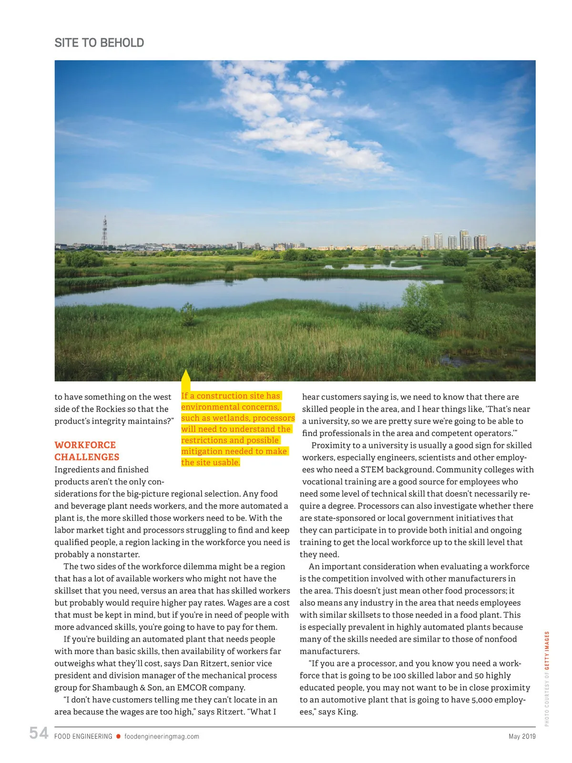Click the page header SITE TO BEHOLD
click(99, 43)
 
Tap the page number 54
click(39, 733)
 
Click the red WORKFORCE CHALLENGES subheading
click(87, 451)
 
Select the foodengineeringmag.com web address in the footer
click(162, 736)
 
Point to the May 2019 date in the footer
click(522, 736)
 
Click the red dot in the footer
click(118, 736)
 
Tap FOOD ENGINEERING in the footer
click(83, 736)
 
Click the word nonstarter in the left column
click(118, 554)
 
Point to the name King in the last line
click(347, 712)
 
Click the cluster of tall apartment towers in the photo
click(455, 241)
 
